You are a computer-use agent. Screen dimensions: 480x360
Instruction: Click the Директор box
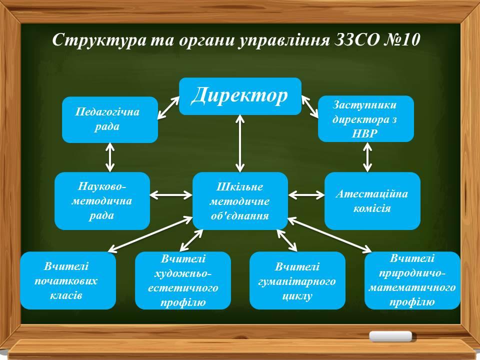(x=240, y=96)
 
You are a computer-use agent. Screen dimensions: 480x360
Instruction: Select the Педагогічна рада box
(x=110, y=119)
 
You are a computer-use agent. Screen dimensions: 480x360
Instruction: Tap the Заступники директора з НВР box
(x=366, y=119)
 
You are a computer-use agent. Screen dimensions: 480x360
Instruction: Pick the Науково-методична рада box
(x=102, y=201)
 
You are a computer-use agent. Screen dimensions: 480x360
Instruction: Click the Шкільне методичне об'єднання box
(x=240, y=201)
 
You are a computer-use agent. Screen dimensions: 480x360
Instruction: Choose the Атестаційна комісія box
(x=372, y=201)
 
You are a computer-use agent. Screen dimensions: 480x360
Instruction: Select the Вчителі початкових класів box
(x=68, y=280)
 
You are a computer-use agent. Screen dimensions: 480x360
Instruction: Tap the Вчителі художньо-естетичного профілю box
(x=183, y=280)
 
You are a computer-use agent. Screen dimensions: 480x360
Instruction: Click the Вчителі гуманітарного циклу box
(x=297, y=280)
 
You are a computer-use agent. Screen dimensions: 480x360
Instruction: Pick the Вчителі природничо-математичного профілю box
(x=412, y=280)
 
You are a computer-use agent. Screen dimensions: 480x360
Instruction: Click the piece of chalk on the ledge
(x=390, y=336)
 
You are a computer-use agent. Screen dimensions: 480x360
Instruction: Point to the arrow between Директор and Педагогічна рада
(x=168, y=108)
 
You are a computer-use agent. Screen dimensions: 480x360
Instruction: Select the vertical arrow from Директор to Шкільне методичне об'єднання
(x=240, y=143)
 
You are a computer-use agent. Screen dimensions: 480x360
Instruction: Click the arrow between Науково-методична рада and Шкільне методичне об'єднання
(x=171, y=195)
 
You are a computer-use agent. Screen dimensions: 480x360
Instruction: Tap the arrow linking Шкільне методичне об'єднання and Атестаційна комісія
(x=306, y=195)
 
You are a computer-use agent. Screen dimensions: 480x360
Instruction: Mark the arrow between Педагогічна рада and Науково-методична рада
(x=110, y=157)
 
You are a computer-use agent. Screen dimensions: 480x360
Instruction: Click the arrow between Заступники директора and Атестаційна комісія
(x=367, y=157)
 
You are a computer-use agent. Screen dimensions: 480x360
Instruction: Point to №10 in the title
(x=401, y=39)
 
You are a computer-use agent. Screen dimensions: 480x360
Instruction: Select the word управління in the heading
(x=284, y=40)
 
